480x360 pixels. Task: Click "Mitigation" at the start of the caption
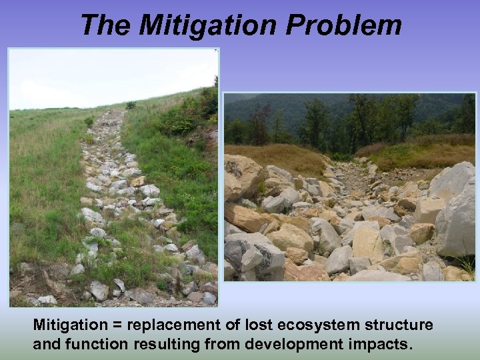pos(69,325)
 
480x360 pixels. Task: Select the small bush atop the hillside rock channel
pos(131,105)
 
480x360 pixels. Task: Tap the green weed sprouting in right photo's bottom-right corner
pos(467,267)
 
